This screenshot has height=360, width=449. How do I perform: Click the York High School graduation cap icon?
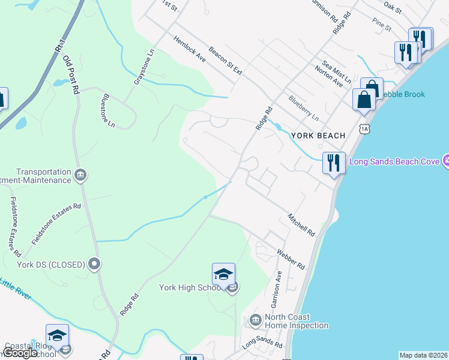pos(223,274)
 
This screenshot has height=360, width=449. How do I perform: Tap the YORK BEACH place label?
pos(318,136)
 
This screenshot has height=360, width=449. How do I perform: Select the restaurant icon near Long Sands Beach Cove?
pos(334,163)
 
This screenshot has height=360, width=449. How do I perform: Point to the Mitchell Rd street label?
pos(301,224)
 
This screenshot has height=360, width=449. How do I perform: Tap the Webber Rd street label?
pos(291,259)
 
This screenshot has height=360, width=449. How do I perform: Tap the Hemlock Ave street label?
pos(190,49)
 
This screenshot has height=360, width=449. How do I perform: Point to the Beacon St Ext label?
pos(225,61)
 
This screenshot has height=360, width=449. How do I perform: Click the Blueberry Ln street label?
pos(303,107)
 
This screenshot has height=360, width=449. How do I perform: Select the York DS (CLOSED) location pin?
pos(94,264)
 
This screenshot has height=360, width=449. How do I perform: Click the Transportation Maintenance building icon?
pos(80,175)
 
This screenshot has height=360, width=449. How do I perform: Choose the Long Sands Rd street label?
pos(262,344)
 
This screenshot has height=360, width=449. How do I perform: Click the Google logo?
pos(20,353)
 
